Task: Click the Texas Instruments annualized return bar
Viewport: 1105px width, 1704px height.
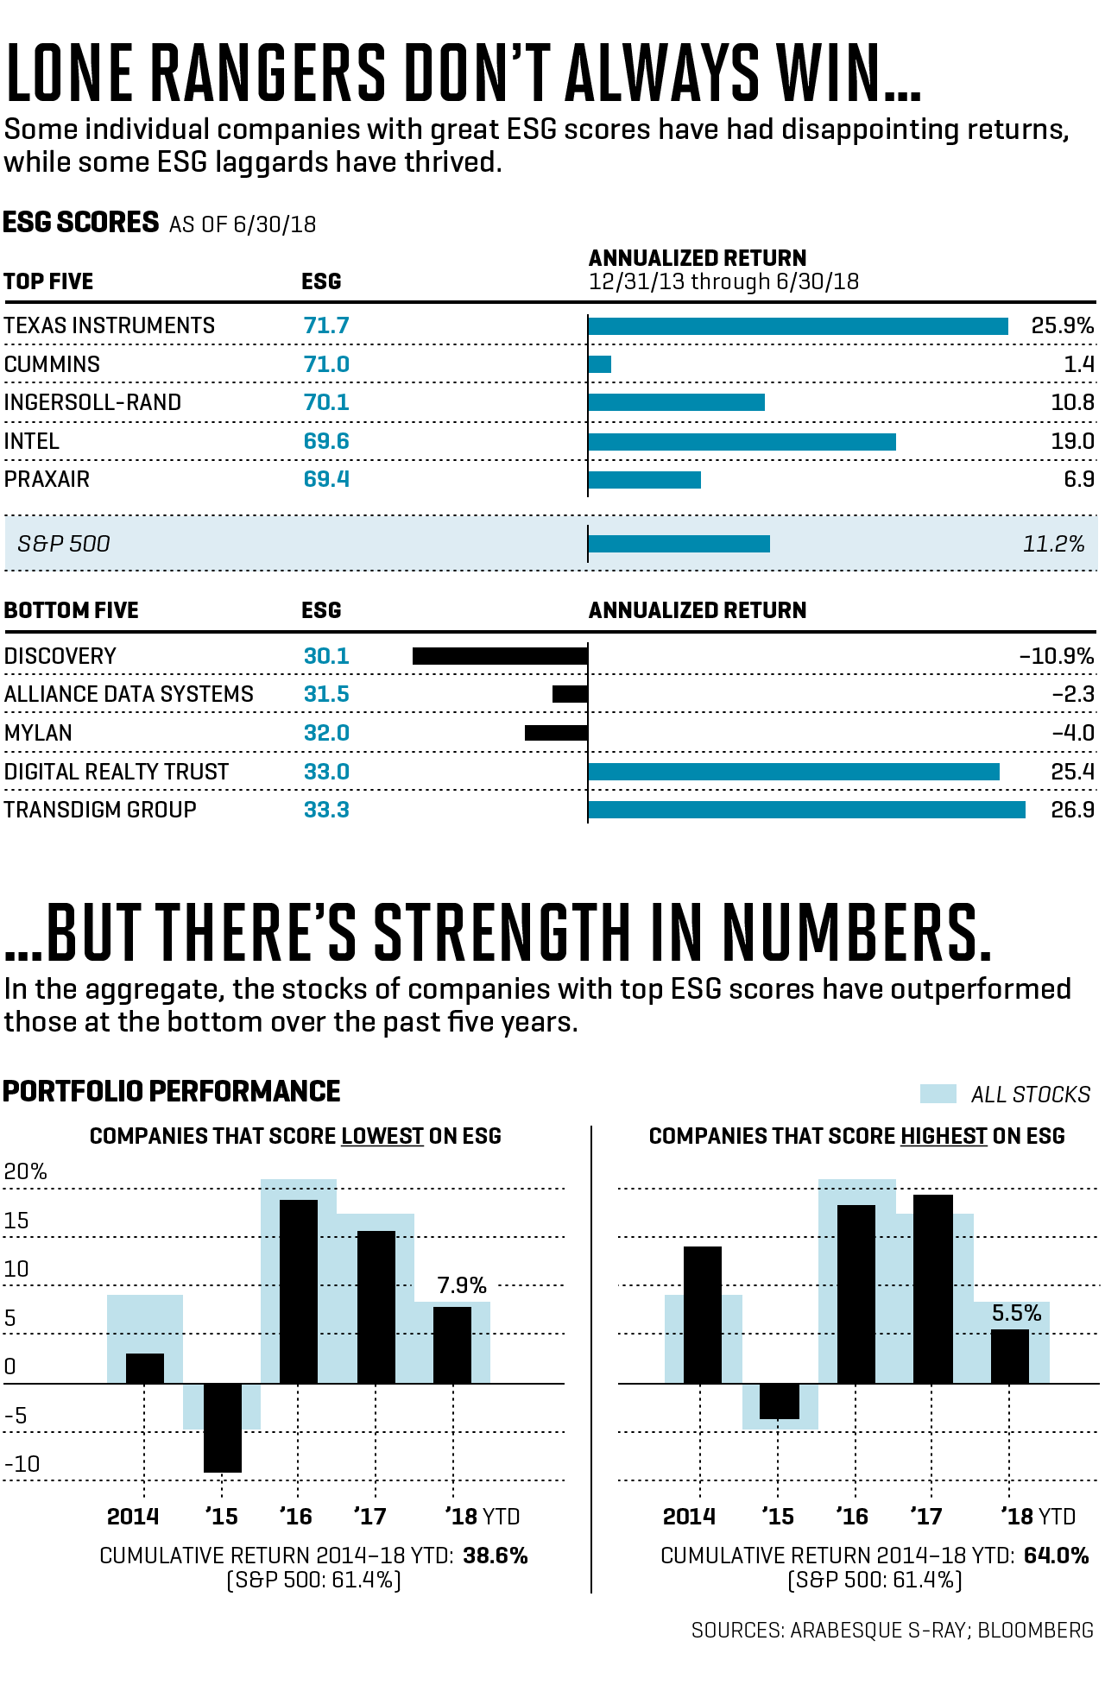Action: pos(798,326)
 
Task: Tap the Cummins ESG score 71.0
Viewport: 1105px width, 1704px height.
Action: pos(326,364)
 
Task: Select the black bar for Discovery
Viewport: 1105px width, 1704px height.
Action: pos(500,656)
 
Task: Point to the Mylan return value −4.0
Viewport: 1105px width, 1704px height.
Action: pos(1072,733)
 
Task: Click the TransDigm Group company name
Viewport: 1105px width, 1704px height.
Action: pos(100,810)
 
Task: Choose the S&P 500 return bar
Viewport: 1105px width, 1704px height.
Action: pos(679,544)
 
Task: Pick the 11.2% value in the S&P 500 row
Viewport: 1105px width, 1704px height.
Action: pos(1053,544)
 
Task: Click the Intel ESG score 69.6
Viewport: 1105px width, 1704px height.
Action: pos(326,441)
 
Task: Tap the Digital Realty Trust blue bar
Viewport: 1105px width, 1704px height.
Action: pos(793,772)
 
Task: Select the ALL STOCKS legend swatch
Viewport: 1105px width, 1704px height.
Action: pos(938,1094)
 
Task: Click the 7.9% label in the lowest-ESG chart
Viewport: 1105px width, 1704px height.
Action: pos(462,1285)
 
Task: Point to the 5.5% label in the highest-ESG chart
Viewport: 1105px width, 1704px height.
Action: pos(1016,1313)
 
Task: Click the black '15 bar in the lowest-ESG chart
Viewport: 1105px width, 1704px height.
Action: pos(223,1427)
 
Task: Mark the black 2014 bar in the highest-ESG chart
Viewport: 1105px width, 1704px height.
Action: pos(703,1315)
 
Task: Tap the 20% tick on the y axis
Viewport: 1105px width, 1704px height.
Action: pos(25,1171)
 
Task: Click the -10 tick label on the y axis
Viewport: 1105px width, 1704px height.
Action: pos(22,1464)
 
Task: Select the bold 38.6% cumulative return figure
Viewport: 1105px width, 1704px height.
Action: pos(496,1556)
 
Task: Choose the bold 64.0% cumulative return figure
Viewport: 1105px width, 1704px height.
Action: pos(1056,1556)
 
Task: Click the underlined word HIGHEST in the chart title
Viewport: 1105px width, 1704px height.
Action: pos(944,1136)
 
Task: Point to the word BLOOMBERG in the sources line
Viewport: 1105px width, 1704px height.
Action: pos(1035,1630)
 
